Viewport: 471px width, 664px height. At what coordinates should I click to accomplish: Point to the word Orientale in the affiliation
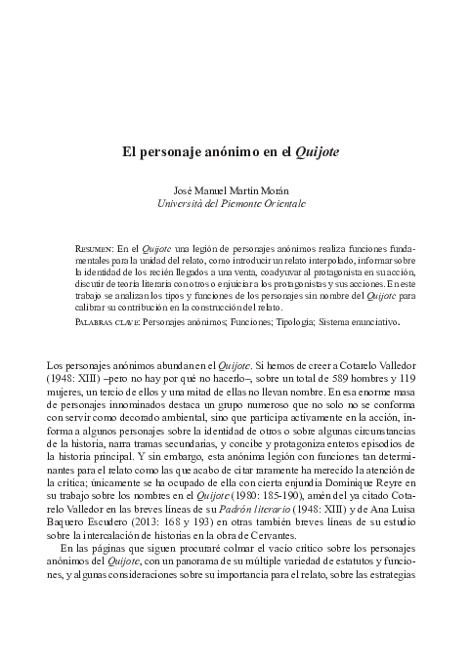coord(284,204)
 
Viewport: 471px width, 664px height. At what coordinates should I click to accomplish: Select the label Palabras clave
coord(107,319)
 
